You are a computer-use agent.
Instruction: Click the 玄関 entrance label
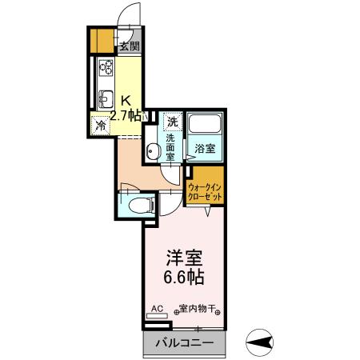130,46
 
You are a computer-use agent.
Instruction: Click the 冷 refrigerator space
101,125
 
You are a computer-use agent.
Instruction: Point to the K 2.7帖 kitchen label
126,108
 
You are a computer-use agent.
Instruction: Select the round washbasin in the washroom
152,149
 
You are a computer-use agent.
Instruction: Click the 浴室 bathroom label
205,148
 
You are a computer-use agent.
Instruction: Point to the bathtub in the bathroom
205,126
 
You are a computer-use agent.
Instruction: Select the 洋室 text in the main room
184,258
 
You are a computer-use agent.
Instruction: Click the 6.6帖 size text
184,278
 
